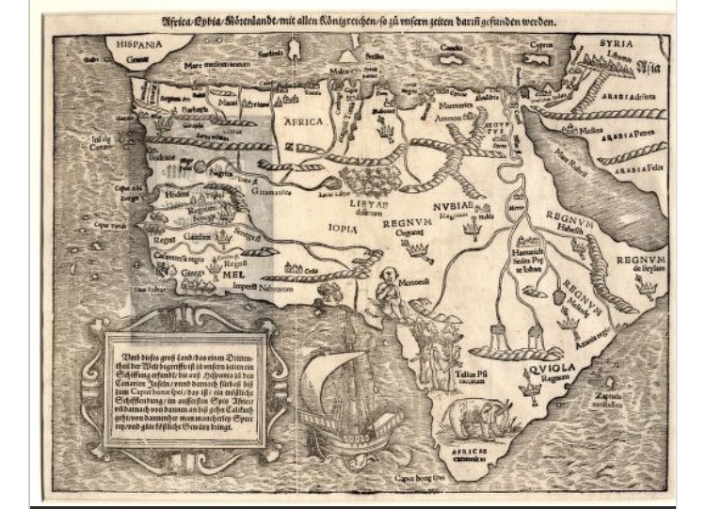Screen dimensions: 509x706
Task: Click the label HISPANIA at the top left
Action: (x=131, y=42)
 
